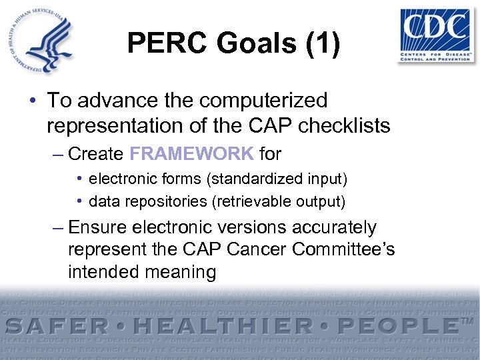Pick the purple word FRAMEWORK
click(x=192, y=154)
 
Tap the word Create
click(x=96, y=154)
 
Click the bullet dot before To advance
click(x=33, y=101)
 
